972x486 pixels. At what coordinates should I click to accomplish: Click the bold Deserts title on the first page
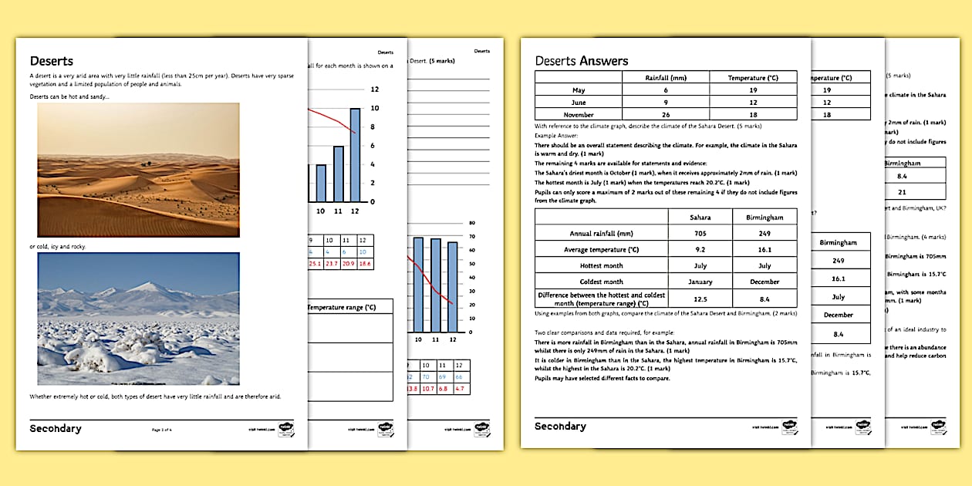click(x=52, y=61)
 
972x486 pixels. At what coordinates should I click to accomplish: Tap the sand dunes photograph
click(x=138, y=170)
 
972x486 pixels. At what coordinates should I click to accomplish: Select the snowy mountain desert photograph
click(x=138, y=319)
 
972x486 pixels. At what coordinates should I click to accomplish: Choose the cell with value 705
click(x=700, y=233)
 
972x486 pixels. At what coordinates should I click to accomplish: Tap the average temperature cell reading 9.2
click(x=700, y=249)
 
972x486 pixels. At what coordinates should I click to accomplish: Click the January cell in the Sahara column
click(x=700, y=282)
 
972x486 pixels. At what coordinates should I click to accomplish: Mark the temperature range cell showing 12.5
click(x=700, y=299)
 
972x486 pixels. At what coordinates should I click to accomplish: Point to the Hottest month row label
click(x=602, y=265)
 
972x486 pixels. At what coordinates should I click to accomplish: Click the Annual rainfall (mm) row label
click(x=602, y=233)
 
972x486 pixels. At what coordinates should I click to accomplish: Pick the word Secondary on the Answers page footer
click(x=560, y=427)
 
